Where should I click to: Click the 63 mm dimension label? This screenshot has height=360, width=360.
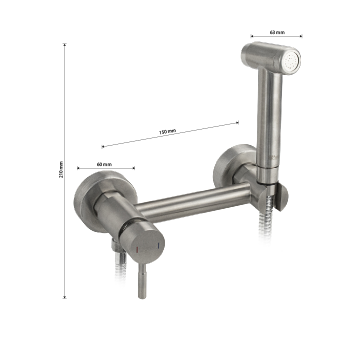click(x=277, y=32)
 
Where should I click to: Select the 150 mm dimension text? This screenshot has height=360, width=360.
click(x=167, y=132)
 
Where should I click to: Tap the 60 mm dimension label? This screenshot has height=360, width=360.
click(x=104, y=164)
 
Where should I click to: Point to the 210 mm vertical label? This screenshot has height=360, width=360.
click(x=61, y=169)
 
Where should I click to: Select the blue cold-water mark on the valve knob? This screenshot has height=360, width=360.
click(x=158, y=245)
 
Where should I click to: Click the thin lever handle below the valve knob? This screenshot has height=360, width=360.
click(x=142, y=280)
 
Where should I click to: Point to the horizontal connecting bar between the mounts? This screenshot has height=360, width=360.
click(x=192, y=202)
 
